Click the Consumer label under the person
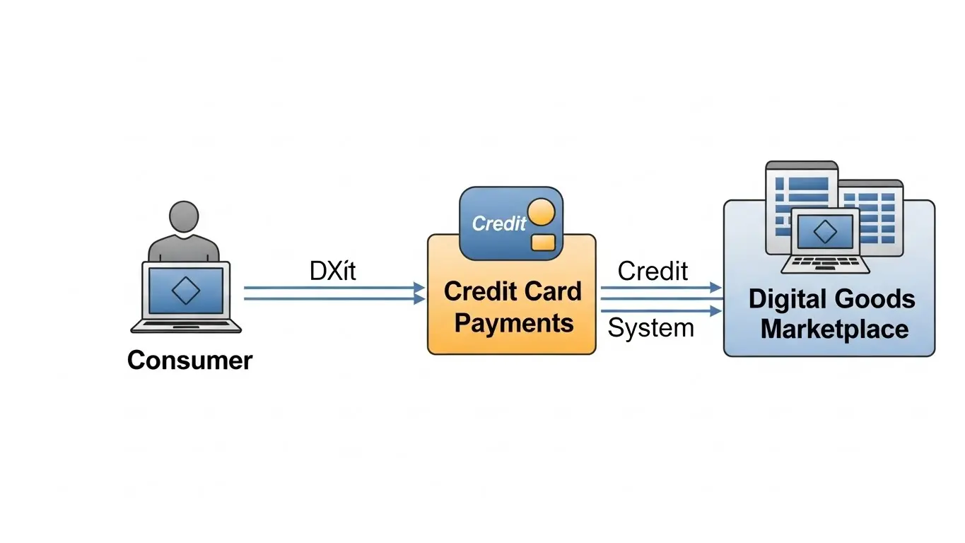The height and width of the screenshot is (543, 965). (x=189, y=361)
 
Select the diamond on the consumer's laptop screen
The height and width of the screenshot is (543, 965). (x=186, y=291)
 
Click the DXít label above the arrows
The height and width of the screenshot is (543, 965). (x=332, y=271)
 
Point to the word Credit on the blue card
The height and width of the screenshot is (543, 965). (x=499, y=223)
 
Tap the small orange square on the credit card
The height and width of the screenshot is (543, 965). (x=542, y=242)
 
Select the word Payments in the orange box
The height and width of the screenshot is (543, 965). (x=513, y=323)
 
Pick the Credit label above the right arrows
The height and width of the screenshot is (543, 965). (x=653, y=271)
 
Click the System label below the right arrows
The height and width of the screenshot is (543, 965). (x=651, y=328)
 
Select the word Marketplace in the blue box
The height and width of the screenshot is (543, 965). (x=834, y=329)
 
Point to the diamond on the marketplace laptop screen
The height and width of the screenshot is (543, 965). (x=824, y=231)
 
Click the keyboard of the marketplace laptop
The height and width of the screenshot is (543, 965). (x=825, y=264)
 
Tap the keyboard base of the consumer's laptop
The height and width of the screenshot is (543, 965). (x=186, y=327)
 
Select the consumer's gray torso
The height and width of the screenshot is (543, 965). (x=184, y=249)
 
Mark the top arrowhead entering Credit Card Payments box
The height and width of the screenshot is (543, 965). (x=419, y=288)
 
